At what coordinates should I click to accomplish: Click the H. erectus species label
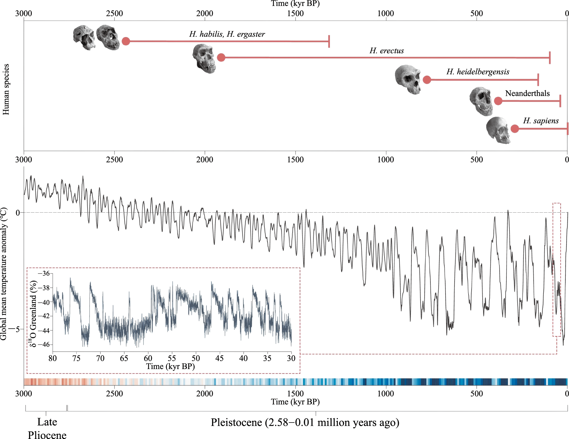[386, 51]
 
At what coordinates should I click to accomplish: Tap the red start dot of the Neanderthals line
[498, 101]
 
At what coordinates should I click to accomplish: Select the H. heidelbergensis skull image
[408, 79]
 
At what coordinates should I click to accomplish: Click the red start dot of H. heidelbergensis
[427, 80]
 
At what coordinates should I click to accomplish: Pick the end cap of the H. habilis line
[329, 41]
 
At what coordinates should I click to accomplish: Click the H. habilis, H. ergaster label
[227, 34]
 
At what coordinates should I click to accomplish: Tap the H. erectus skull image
[204, 58]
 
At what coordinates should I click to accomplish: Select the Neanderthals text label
[527, 93]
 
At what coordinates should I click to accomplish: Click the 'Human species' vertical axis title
[6, 89]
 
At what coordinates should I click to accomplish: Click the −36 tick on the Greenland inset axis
[44, 273]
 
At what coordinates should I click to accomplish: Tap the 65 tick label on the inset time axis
[124, 358]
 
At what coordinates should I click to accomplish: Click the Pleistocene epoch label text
[305, 423]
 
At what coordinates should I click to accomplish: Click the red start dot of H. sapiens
[515, 129]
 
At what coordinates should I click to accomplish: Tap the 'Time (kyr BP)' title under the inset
[170, 367]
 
